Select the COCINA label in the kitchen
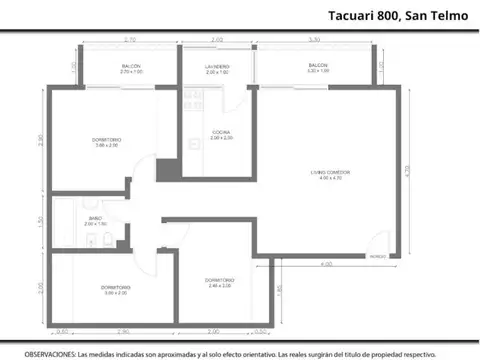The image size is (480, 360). click(x=222, y=134)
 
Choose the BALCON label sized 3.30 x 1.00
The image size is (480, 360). click(x=318, y=66)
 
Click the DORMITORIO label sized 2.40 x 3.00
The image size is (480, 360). click(x=220, y=281)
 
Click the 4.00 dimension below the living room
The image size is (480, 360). click(x=326, y=264)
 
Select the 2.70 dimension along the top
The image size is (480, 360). click(x=130, y=40)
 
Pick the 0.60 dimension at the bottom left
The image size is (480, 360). click(x=62, y=331)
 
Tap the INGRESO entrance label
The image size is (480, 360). click(x=377, y=255)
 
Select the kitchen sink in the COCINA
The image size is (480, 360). click(x=194, y=100)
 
